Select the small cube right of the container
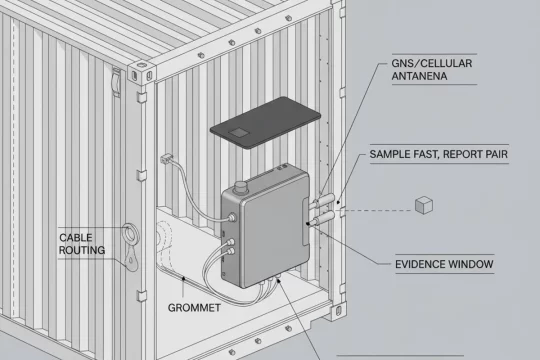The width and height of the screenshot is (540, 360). pyautogui.click(x=423, y=205)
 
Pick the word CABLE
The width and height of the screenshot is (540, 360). pyautogui.click(x=76, y=237)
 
